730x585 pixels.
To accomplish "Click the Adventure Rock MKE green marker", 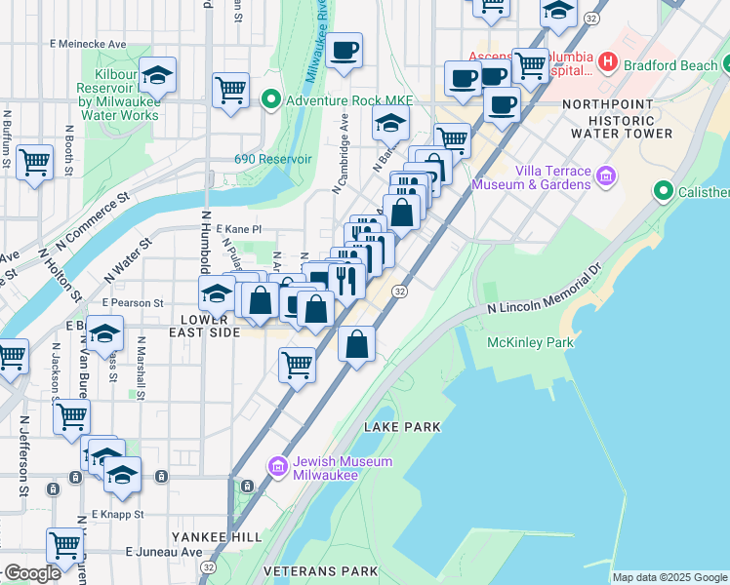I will [x=270, y=99].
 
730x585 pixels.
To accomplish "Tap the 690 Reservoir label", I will [x=272, y=159].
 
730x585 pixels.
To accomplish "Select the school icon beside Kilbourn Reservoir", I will [x=156, y=75].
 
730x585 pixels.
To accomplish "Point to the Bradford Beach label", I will [x=670, y=64].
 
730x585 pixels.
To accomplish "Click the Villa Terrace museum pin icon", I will [x=606, y=176].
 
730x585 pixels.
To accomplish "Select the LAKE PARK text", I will [x=402, y=427].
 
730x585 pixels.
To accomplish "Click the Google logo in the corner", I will [x=32, y=573].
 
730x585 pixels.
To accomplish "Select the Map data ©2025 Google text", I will [x=669, y=577].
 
